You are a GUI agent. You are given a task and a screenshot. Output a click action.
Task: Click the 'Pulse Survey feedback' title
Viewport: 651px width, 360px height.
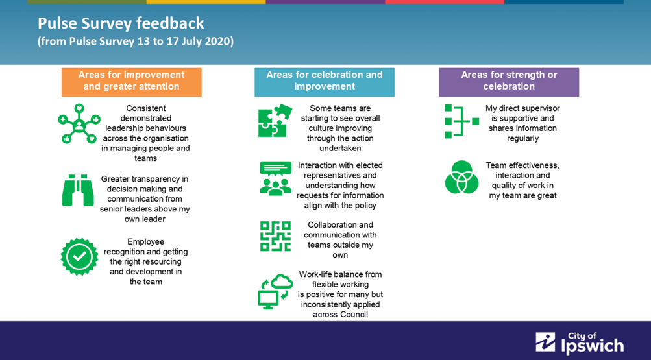[121, 23]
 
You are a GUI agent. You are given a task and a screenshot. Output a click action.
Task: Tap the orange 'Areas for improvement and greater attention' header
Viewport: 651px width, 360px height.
[132, 82]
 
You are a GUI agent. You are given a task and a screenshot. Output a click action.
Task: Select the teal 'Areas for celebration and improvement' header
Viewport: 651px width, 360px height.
[325, 82]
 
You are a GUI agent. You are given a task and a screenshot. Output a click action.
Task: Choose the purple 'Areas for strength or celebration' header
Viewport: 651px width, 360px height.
[509, 82]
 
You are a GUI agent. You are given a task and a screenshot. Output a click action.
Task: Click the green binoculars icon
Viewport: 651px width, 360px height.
[78, 190]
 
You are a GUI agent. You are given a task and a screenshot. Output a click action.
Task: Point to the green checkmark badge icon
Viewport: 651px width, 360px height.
[79, 257]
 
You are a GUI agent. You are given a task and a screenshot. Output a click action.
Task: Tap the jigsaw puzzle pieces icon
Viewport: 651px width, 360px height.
[275, 120]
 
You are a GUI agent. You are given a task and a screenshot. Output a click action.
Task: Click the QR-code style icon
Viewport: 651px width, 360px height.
[275, 236]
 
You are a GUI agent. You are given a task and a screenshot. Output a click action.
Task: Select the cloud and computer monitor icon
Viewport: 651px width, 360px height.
[275, 291]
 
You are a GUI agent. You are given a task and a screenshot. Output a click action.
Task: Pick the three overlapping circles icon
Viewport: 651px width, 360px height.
[461, 177]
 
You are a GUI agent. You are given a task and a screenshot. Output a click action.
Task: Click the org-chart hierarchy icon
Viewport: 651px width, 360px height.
[461, 121]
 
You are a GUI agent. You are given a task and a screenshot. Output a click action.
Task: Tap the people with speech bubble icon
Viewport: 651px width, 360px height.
[275, 178]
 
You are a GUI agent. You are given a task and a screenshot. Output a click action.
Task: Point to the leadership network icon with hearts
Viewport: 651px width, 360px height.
[79, 124]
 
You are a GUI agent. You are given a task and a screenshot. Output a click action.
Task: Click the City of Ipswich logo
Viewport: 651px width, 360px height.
[580, 343]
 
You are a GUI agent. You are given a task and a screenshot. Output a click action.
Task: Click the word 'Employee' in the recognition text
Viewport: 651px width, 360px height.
[146, 242]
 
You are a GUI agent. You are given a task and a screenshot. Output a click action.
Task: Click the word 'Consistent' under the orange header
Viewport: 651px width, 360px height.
[146, 108]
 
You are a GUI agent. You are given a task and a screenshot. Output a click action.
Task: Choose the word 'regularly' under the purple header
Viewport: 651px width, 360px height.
[522, 139]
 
